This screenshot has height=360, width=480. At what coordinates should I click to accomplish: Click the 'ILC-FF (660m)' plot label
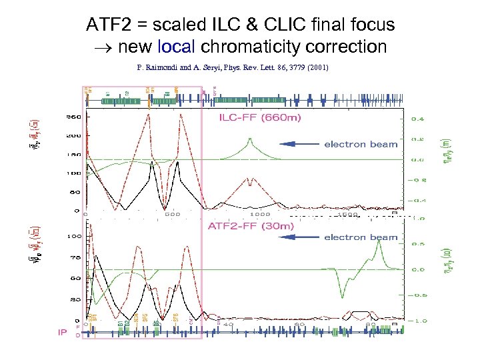click(x=260, y=119)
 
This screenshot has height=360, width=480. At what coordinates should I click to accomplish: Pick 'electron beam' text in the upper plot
click(x=361, y=144)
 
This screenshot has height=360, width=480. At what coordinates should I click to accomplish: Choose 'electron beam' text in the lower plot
click(x=361, y=237)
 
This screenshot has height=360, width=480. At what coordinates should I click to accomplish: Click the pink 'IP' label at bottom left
click(x=62, y=332)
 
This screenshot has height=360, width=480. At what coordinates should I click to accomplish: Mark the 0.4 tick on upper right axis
click(x=415, y=119)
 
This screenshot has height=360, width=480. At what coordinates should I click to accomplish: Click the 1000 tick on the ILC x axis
click(x=260, y=215)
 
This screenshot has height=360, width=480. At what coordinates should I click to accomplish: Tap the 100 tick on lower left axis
click(x=75, y=237)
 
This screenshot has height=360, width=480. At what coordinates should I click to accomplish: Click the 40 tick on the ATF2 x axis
click(x=229, y=325)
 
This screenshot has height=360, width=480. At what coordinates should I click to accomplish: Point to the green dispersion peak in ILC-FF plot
click(x=249, y=139)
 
